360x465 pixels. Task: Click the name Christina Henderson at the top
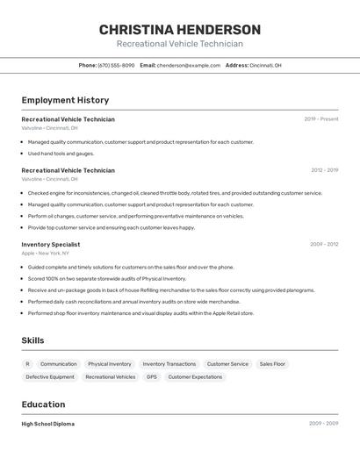[x=179, y=29]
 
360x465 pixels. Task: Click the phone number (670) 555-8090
[x=116, y=65]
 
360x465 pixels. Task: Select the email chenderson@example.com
[x=189, y=65]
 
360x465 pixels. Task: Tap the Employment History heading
[x=65, y=100]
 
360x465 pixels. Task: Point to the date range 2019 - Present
[x=321, y=119]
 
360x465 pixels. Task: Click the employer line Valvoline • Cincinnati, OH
[x=49, y=128]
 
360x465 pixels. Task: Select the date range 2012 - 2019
[x=324, y=170]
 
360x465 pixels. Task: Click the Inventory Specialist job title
[x=50, y=245]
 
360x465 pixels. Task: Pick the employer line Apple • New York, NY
[x=47, y=254]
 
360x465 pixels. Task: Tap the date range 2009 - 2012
[x=324, y=245]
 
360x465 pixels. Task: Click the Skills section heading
[x=32, y=340]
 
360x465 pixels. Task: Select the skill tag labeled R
[x=27, y=363]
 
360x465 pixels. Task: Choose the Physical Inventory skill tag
[x=110, y=363]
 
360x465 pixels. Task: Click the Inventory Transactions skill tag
[x=169, y=363]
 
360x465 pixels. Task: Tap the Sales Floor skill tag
[x=272, y=363]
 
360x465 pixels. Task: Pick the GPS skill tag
[x=152, y=376]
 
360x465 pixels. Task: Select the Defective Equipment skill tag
[x=50, y=376]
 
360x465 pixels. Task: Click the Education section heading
[x=43, y=404]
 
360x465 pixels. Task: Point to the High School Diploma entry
[x=47, y=424]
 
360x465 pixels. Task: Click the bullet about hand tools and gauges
[x=61, y=154]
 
